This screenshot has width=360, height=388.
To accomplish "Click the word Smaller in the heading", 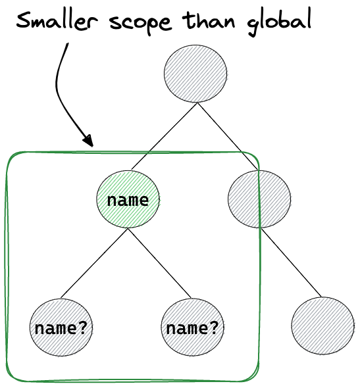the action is tap(57, 20).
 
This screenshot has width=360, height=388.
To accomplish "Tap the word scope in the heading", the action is tap(140, 24).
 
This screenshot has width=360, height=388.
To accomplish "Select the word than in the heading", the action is tap(209, 20).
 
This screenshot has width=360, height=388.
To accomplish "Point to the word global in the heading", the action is tap(279, 22).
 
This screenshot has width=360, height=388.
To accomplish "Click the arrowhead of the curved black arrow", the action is tap(89, 141).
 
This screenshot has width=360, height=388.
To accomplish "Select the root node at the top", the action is tap(195, 74).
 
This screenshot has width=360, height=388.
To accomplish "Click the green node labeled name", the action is tap(128, 199).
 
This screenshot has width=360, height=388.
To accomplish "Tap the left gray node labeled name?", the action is tap(61, 327).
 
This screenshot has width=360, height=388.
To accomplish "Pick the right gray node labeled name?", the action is tap(192, 327).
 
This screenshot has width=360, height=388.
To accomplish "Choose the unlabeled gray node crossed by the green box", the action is tap(259, 199).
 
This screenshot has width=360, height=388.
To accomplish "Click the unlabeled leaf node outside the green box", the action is tap(323, 326).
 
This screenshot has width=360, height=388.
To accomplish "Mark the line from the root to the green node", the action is tap(164, 136).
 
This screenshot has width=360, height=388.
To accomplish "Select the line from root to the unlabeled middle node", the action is tap(227, 137).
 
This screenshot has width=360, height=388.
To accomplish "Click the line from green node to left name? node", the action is tap(94, 263).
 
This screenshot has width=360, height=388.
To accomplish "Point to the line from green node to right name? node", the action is tap(160, 263).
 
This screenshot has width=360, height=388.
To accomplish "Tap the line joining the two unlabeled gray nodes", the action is tap(292, 263).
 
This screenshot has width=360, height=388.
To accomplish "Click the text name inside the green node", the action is tap(128, 200).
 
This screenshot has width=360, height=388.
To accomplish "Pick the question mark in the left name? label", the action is tap(82, 327).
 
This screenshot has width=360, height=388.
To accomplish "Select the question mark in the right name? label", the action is tap(214, 327).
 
